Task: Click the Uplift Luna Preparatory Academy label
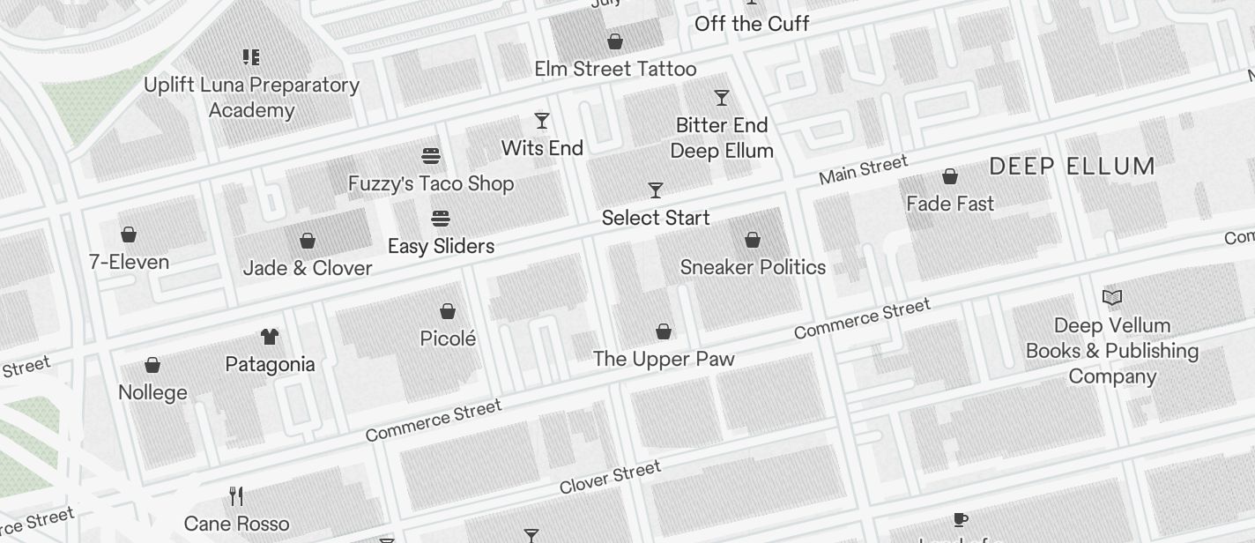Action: (251, 98)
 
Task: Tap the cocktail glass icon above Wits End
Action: (542, 121)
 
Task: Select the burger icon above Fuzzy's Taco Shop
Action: (431, 156)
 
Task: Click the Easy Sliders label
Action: (441, 246)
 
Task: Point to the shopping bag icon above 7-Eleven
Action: (129, 234)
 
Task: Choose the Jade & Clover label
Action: (308, 268)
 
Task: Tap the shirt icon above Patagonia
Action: (270, 337)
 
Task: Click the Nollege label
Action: (152, 392)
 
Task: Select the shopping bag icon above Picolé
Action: (448, 311)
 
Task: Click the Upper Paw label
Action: (664, 359)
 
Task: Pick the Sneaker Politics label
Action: (753, 267)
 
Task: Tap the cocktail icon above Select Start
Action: (656, 190)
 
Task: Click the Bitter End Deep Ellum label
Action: (722, 138)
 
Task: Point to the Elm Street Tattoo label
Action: (615, 69)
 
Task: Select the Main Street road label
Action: (863, 170)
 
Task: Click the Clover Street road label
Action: (610, 477)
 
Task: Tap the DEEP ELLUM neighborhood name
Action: (1072, 167)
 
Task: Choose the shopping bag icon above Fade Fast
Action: (950, 177)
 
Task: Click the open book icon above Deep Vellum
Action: (1112, 298)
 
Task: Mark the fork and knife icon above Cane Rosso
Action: (236, 496)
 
